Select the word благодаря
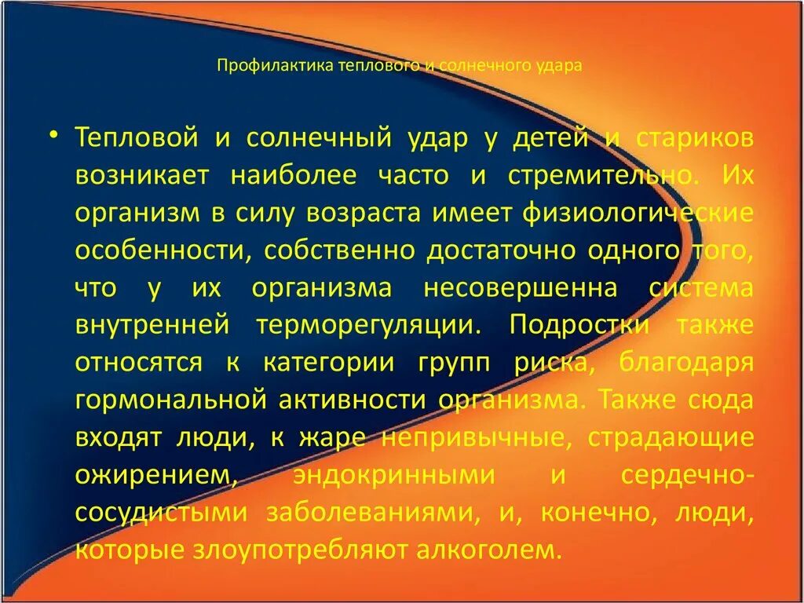[x=686, y=362]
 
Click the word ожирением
[x=155, y=475]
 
